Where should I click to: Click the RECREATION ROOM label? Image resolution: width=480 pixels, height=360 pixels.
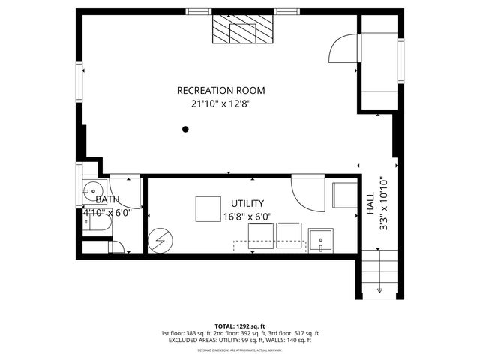220,90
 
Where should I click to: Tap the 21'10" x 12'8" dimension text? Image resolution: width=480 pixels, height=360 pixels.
220,105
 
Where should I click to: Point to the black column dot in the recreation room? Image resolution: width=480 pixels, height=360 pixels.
185,130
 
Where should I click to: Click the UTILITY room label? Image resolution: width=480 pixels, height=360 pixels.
247,203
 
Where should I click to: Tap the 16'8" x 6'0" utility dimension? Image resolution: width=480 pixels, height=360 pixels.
247,217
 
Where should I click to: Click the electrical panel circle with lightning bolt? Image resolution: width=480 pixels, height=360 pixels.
160,241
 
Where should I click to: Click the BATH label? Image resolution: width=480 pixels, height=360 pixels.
106,199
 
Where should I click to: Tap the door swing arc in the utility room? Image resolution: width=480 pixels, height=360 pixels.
306,194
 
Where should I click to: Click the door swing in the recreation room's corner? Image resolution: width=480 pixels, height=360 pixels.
342,49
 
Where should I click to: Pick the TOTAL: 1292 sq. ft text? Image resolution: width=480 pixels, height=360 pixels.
239,326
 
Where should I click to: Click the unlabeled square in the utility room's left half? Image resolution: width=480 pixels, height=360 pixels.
208,209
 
